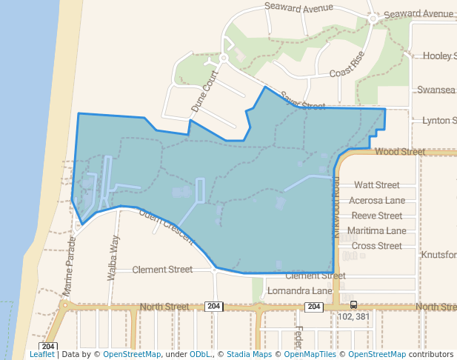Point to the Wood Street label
click(x=400, y=151)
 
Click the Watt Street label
click(x=376, y=184)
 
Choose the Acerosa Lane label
click(x=376, y=200)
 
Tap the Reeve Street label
click(x=376, y=216)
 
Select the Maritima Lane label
click(x=376, y=230)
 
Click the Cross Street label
click(x=376, y=246)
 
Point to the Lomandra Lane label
click(x=299, y=290)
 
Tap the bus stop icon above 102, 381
click(x=353, y=304)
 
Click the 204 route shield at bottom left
click(x=49, y=346)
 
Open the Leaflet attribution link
click(x=41, y=354)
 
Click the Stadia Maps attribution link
click(x=249, y=354)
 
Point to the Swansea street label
click(x=436, y=90)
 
